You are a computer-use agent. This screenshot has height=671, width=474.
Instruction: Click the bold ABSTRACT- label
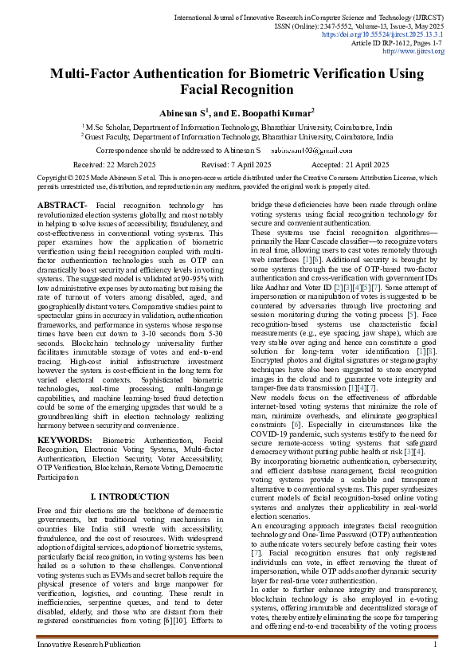62,206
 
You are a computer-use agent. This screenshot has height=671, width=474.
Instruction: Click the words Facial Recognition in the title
237,90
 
